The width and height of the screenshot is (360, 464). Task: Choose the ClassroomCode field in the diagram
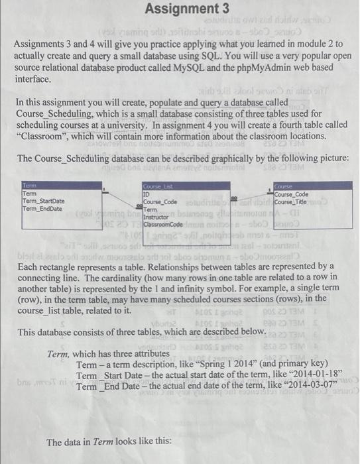click(166, 225)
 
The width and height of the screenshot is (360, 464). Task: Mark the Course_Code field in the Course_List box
click(160, 202)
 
